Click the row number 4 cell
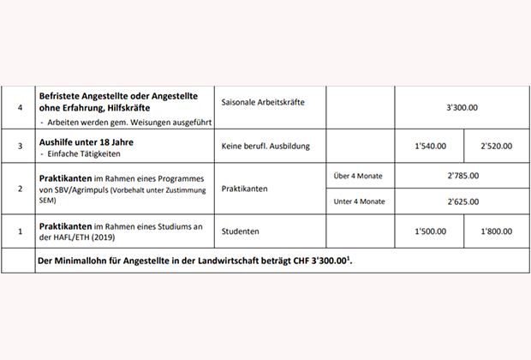19,109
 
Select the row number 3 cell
19,146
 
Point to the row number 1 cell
19,231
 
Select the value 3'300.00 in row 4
462,109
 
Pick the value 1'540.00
429,146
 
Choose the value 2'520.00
496,146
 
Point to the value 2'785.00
462,176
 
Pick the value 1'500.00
429,231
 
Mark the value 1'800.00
496,231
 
